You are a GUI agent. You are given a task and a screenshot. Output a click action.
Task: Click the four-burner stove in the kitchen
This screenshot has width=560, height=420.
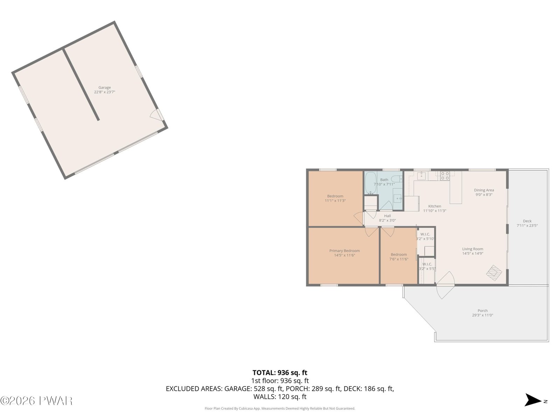445,176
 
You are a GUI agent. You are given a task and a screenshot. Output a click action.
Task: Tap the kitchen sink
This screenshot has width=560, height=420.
421,176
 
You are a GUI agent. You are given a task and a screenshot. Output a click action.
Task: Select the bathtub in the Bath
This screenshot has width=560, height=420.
370,183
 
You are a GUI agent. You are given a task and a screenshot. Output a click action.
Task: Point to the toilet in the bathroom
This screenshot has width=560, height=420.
397,179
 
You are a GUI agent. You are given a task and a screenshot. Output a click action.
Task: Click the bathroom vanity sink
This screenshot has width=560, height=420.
398,198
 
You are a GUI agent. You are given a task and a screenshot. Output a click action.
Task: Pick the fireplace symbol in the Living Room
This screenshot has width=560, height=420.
494,273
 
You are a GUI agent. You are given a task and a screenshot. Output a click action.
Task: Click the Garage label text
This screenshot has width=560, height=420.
105,87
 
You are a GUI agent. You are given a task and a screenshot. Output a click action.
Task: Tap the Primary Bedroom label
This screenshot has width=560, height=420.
344,251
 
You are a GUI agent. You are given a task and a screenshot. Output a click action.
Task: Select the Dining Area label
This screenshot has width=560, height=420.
484,190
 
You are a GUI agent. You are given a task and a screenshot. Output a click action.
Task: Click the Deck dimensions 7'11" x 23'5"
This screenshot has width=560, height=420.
527,225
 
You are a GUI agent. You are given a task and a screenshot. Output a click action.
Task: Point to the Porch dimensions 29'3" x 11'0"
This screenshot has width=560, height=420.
482,315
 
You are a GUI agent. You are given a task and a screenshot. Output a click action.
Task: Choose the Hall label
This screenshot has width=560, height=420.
387,216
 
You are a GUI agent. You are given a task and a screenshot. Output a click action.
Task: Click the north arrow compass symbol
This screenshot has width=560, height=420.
533,400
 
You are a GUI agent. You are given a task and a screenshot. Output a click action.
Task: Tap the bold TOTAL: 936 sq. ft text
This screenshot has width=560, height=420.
280,372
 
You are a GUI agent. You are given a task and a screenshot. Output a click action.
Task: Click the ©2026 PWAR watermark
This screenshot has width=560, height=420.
36,401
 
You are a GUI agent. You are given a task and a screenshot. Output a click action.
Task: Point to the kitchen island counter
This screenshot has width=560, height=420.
456,188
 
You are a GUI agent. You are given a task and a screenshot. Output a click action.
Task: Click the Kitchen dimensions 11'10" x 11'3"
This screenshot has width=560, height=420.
434,211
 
